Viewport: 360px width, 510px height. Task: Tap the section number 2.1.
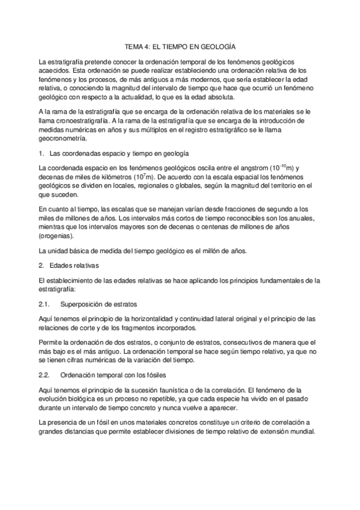[x=43, y=304]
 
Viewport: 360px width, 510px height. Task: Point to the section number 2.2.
[x=43, y=375]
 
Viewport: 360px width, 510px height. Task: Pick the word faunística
[x=168, y=390]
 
